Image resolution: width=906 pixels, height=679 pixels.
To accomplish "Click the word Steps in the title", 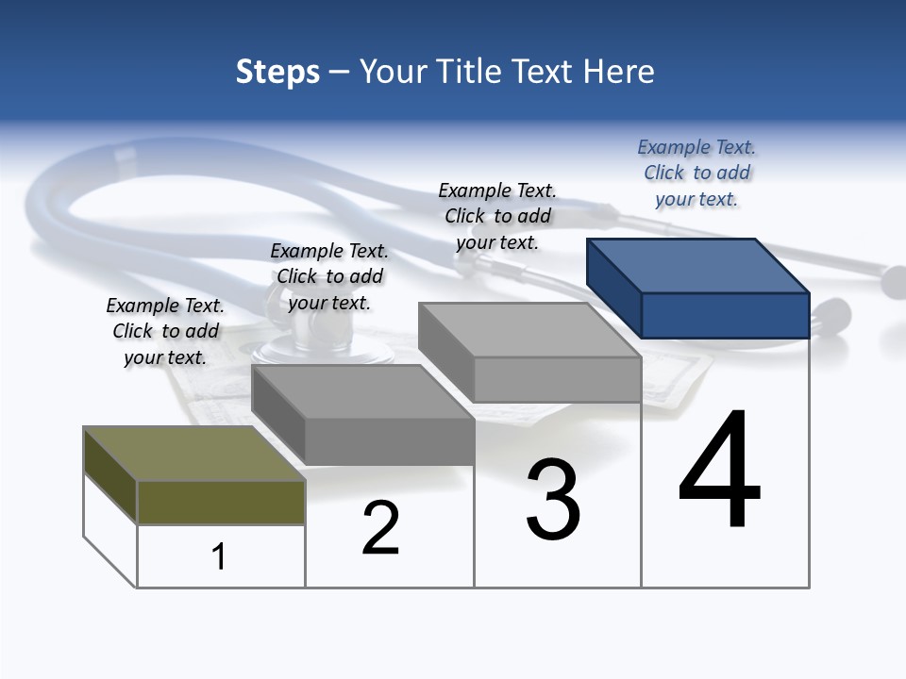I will click(277, 72).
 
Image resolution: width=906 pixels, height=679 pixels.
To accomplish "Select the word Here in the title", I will click(618, 72).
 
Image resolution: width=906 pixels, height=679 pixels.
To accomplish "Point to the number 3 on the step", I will click(553, 500).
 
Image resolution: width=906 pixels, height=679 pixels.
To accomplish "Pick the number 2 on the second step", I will click(380, 528).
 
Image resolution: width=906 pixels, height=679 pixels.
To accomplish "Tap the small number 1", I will click(219, 556).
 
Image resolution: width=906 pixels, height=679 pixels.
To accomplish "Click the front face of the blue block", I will click(725, 315).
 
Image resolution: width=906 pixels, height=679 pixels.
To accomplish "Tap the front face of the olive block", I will click(221, 502).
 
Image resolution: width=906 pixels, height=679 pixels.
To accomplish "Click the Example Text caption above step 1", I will click(165, 331).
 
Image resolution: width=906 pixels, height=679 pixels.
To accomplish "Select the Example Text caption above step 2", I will click(329, 276).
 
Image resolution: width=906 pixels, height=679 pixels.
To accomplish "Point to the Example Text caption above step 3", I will click(497, 216).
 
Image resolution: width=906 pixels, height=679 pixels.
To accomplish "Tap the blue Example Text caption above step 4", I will click(696, 173).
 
